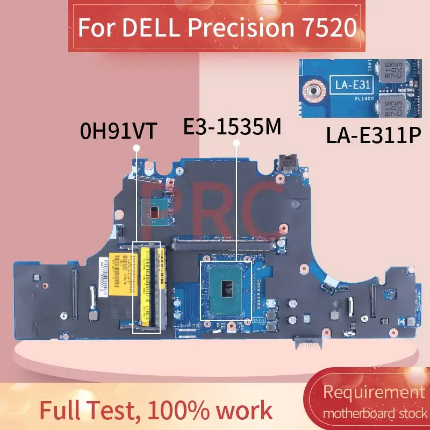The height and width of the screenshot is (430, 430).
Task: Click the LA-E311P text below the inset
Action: [x=372, y=136]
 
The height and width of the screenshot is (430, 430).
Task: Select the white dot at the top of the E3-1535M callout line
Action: [x=235, y=142]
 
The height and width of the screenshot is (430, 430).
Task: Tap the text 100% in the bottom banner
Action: [x=172, y=411]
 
